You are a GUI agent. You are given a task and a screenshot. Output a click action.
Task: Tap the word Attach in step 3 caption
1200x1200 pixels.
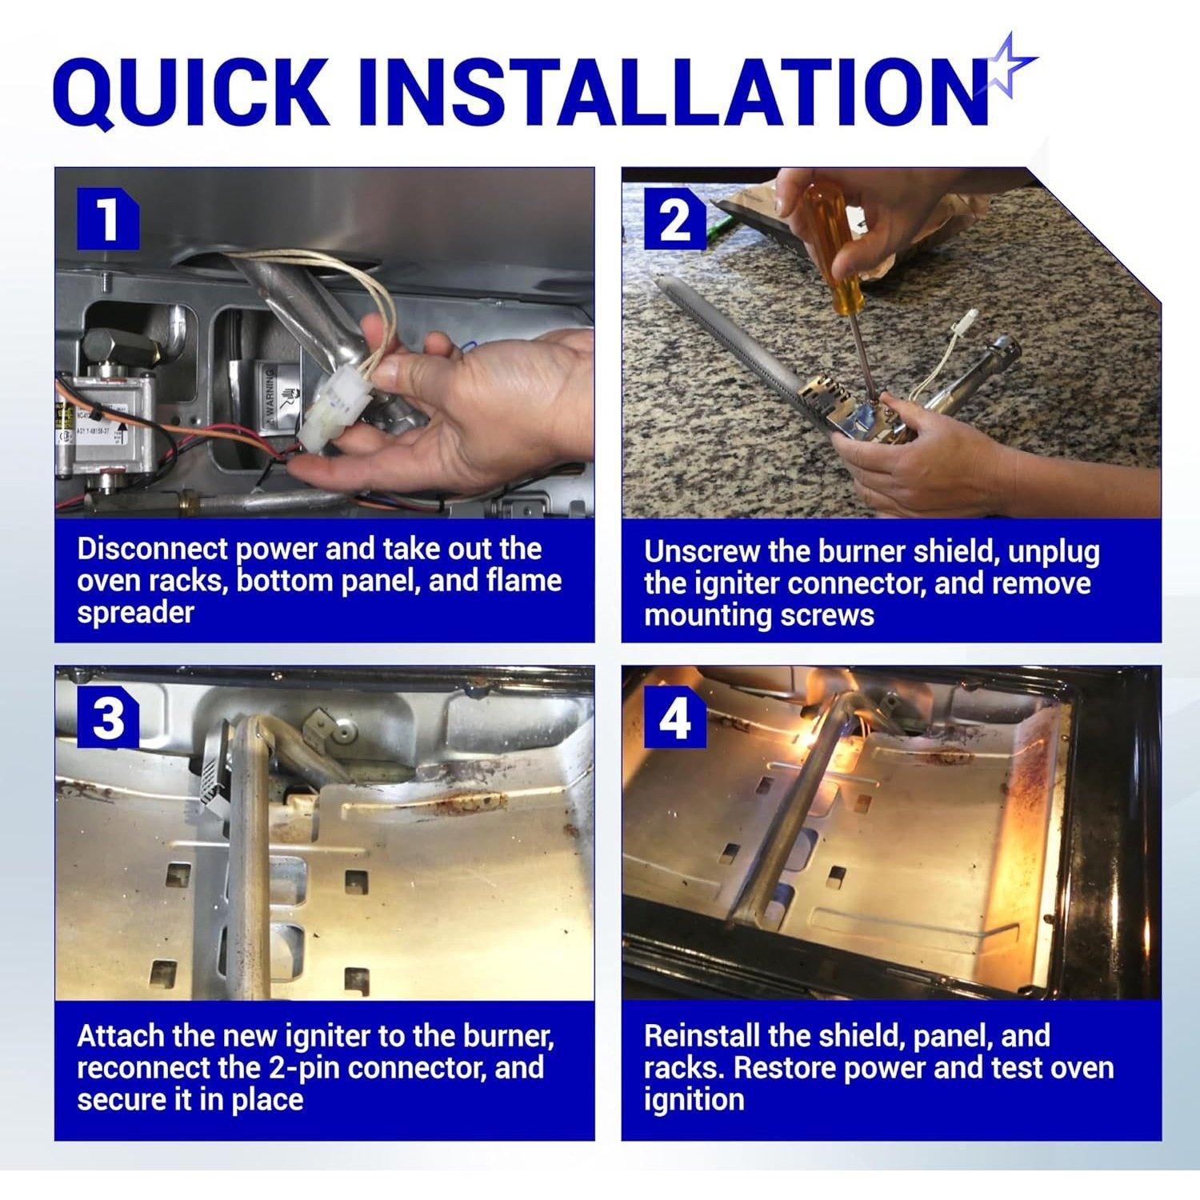120,1036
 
